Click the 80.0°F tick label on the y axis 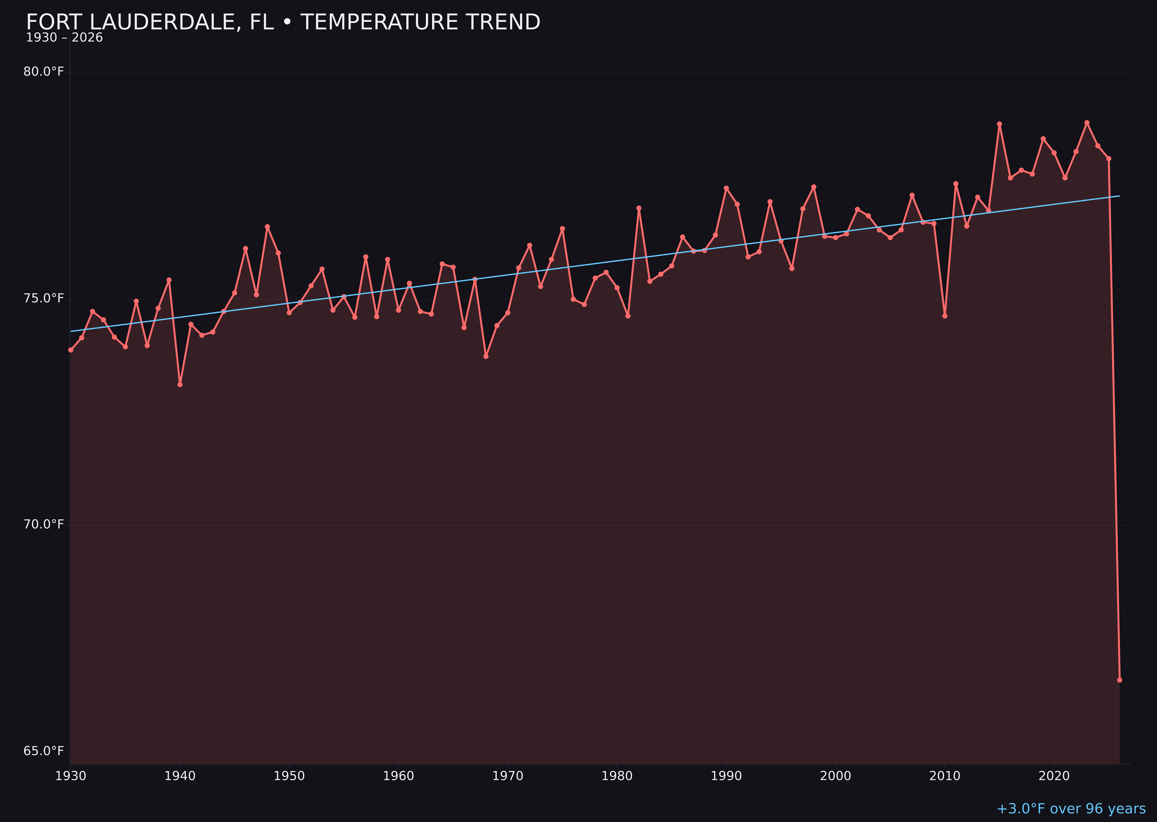(x=44, y=72)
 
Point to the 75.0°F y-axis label (x=44, y=299)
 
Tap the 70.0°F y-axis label (x=44, y=524)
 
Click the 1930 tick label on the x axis (x=70, y=776)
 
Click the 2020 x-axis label (x=1054, y=776)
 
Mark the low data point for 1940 (x=180, y=385)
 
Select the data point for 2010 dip (x=945, y=316)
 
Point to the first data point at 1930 (x=70, y=350)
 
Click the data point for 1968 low (x=486, y=356)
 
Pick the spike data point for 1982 (x=639, y=208)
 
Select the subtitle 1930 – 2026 (x=64, y=38)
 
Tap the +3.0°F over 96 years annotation (x=1071, y=809)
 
